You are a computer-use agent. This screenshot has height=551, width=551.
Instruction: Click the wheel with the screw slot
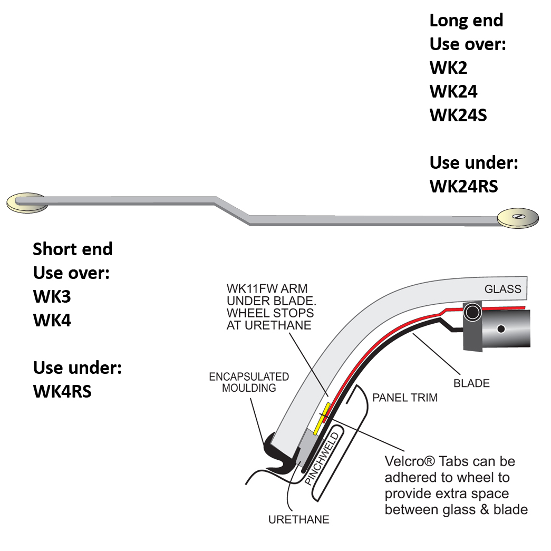tap(518, 218)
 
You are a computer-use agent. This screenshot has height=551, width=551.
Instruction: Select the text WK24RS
tap(463, 186)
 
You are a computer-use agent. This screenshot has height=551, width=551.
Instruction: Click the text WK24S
tap(458, 115)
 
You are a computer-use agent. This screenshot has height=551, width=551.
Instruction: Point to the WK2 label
tap(448, 67)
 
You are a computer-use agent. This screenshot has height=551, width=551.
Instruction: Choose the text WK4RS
tap(62, 391)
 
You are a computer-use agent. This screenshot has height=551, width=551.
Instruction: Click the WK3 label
tap(52, 296)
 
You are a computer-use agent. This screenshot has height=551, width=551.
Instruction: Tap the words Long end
tap(466, 21)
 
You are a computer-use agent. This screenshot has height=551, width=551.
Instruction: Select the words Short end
tap(73, 249)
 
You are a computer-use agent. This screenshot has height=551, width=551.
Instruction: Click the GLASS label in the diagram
tap(502, 288)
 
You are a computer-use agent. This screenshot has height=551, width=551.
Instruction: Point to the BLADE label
tap(471, 383)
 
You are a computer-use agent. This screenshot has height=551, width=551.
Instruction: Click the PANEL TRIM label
tap(405, 397)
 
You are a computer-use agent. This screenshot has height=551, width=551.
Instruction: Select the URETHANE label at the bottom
tap(298, 519)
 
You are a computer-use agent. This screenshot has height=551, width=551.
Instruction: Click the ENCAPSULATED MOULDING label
tap(249, 382)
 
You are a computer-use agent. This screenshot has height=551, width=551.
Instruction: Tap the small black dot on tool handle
tap(500, 329)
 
